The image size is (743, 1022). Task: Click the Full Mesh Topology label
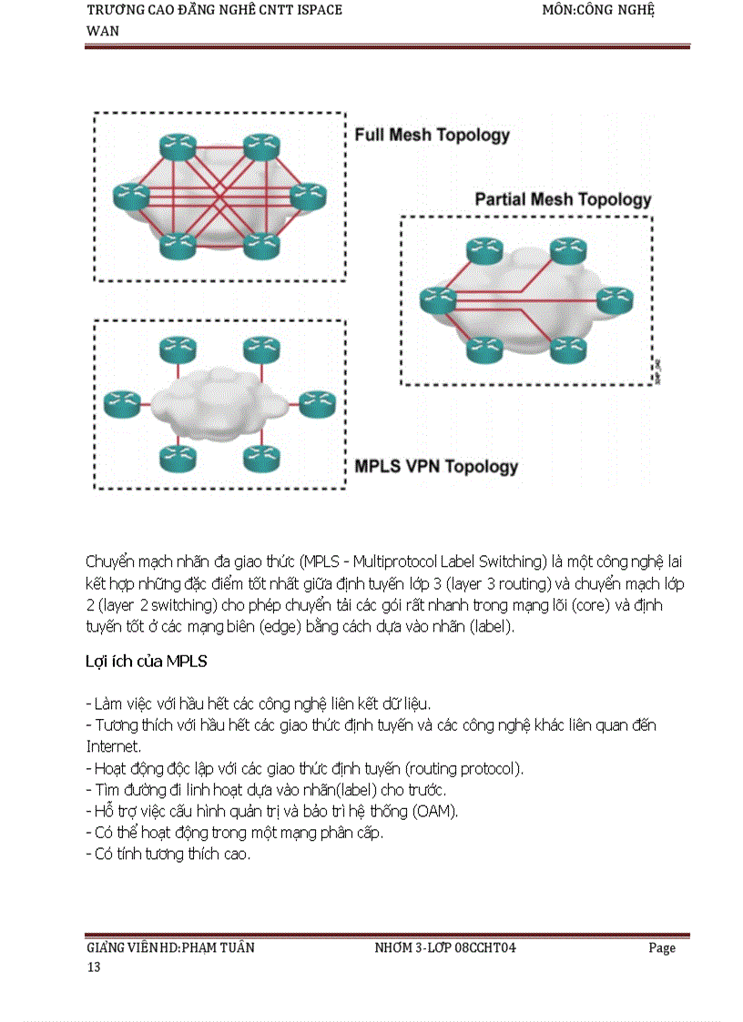pos(432,136)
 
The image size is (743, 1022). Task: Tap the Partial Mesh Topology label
pos(563,199)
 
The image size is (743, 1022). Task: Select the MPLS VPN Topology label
pos(435,467)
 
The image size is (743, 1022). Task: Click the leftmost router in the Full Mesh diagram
pos(130,195)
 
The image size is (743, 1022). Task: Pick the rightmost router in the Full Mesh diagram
pos(307,195)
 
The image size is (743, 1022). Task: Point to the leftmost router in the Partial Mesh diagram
pos(437,298)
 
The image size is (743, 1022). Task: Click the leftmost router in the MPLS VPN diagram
pos(121,402)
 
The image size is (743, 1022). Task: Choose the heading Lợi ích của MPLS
pos(146,662)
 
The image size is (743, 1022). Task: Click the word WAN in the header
pos(102,31)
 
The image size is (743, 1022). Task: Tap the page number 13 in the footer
pos(93,966)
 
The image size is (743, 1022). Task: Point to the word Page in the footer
pos(662,947)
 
